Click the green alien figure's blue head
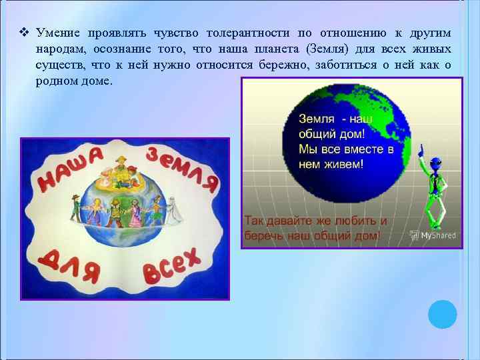[435, 163]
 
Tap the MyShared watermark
[433, 235]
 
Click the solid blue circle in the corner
[442, 314]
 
